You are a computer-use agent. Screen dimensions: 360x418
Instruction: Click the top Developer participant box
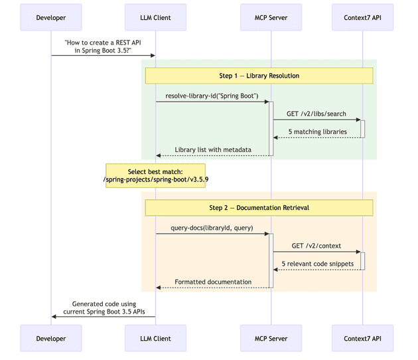pos(52,17)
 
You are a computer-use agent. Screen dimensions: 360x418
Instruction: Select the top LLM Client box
pos(156,17)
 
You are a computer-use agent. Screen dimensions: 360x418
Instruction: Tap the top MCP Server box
pos(271,17)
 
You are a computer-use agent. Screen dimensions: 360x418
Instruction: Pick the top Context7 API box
pos(362,17)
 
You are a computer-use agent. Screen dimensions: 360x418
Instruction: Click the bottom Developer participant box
pos(52,338)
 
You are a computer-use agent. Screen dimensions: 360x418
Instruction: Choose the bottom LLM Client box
pos(156,338)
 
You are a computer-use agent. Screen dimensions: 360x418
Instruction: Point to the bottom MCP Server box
pos(271,338)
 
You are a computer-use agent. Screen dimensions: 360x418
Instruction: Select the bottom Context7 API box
pos(362,338)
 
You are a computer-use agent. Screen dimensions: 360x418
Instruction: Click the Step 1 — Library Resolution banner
pos(259,76)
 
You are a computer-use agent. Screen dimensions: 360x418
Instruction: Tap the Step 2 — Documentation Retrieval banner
pos(259,207)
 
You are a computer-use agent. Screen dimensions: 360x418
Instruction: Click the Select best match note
pos(155,175)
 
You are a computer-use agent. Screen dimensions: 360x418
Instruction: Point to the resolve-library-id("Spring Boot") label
pos(212,96)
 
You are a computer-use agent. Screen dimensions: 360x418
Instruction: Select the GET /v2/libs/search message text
pos(316,114)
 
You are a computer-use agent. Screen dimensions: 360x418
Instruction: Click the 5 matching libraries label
pos(317,132)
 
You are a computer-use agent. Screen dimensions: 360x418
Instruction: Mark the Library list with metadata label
pos(213,149)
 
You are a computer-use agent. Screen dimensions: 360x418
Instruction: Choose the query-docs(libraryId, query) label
pos(212,228)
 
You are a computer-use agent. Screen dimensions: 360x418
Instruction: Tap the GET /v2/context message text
pos(316,246)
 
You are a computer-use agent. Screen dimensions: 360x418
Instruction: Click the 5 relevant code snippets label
pos(317,264)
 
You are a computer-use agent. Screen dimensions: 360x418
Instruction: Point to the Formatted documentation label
pos(213,282)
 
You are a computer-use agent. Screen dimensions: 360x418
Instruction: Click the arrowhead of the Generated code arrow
pos(54,316)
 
